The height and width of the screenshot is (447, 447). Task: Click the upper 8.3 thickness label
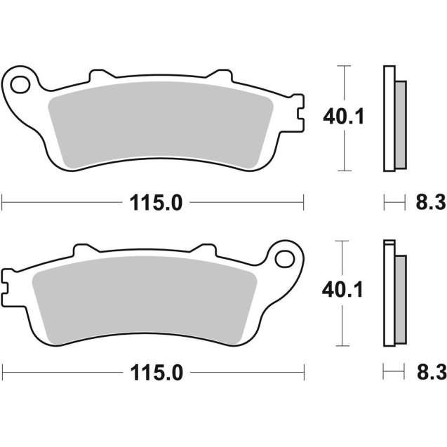(x=429, y=204)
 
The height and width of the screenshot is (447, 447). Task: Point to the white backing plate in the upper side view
(x=387, y=117)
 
